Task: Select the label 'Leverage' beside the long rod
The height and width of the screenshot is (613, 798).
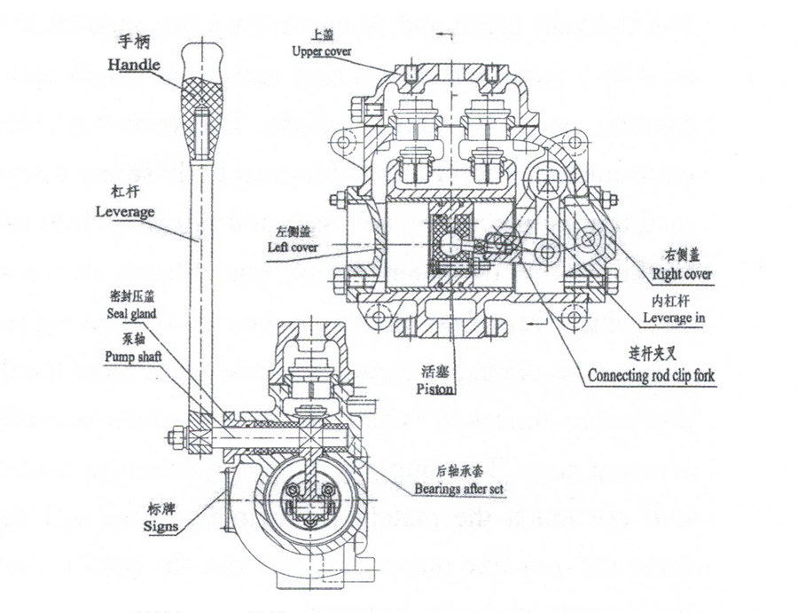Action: click(x=125, y=212)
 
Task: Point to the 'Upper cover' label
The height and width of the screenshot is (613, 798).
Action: click(x=320, y=51)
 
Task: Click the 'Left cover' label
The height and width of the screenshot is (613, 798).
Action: click(x=292, y=247)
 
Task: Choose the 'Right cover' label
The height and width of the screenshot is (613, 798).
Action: click(x=681, y=274)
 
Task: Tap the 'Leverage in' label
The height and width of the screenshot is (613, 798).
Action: click(x=677, y=317)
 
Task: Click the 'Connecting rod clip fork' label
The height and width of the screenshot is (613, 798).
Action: click(x=651, y=374)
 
